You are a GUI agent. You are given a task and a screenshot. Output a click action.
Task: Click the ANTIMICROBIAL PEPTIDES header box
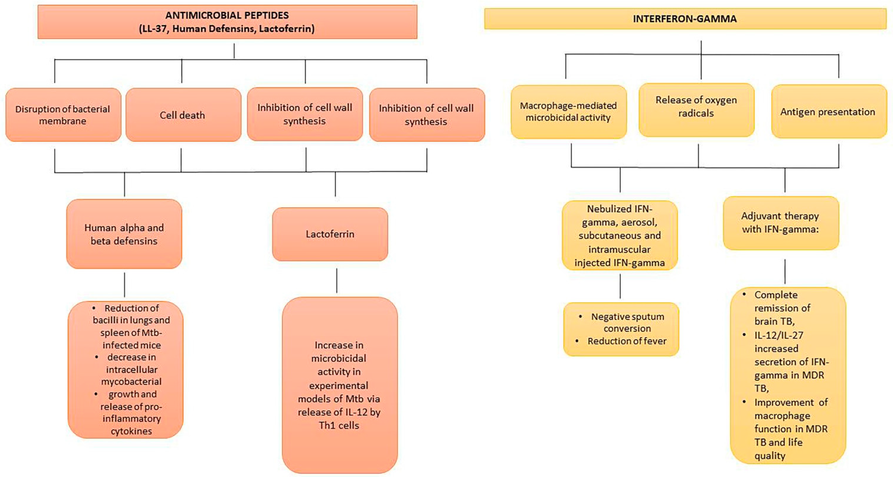(227, 21)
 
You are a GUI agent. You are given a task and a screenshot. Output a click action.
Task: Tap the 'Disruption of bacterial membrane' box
(63, 115)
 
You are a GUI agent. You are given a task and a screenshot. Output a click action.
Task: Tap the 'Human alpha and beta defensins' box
(124, 234)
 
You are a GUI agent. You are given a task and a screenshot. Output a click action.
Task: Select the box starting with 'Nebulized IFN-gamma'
(620, 235)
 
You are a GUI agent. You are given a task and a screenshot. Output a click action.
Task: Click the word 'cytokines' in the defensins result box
(131, 431)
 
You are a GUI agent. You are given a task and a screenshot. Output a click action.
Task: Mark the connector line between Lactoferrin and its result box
(336, 280)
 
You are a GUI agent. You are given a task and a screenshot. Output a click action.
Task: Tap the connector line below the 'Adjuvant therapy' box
(785, 271)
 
